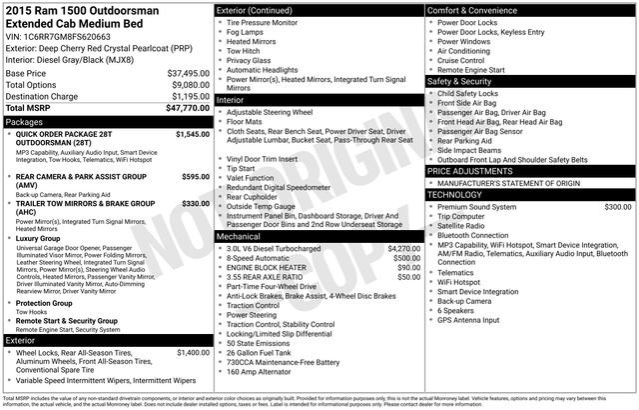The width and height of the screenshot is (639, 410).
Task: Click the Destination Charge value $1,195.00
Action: click(x=183, y=96)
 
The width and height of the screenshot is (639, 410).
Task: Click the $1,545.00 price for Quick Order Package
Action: click(x=192, y=133)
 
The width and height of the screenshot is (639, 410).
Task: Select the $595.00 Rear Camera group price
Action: click(x=195, y=177)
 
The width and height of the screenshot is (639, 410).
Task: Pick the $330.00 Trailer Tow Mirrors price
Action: click(x=195, y=203)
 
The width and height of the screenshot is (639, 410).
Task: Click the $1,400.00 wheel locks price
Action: click(x=192, y=353)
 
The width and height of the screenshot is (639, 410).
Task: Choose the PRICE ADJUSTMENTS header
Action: click(x=478, y=171)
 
